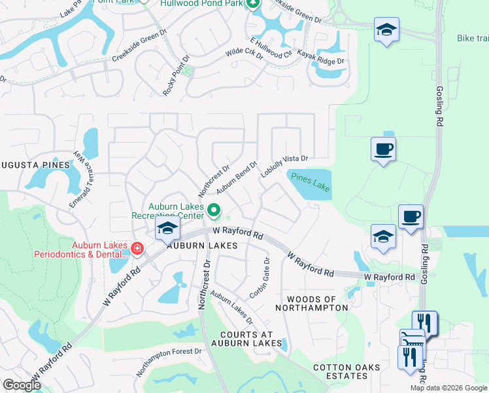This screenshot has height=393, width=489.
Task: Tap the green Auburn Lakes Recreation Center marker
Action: (214, 211)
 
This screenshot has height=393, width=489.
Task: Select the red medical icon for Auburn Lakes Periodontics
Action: (137, 248)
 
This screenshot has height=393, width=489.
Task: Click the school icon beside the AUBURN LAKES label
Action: (167, 229)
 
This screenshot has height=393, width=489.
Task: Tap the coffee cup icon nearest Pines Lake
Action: (383, 149)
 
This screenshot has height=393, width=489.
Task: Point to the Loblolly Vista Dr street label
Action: (284, 166)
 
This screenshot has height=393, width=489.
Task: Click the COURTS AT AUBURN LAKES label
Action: (247, 339)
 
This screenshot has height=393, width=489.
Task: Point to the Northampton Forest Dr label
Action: (169, 362)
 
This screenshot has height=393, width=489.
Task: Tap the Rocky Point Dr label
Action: (176, 76)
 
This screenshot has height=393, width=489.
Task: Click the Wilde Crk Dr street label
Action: (244, 54)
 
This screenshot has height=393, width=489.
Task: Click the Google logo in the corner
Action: (22, 385)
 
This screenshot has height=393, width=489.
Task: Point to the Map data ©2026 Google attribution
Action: (448, 388)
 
